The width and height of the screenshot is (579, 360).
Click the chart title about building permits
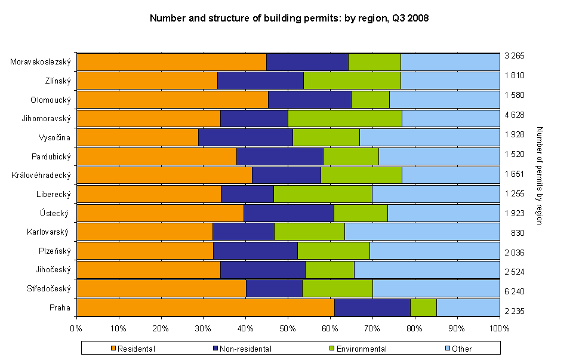(289, 19)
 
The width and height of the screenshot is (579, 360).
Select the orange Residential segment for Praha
(205, 307)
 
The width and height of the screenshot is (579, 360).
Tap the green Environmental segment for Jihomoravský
(344, 118)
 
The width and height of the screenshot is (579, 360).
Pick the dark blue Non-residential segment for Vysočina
(245, 137)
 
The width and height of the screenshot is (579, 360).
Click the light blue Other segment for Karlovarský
(421, 231)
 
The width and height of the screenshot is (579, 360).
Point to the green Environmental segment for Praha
(423, 307)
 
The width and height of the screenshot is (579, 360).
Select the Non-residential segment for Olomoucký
(309, 99)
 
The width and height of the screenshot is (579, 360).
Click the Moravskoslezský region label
(41, 61)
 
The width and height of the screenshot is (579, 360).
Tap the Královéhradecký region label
(41, 175)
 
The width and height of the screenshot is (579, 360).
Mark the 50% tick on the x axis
(288, 328)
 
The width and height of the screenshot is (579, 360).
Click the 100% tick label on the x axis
(499, 328)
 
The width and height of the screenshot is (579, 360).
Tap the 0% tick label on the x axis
(76, 328)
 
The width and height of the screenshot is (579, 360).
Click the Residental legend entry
(135, 349)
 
